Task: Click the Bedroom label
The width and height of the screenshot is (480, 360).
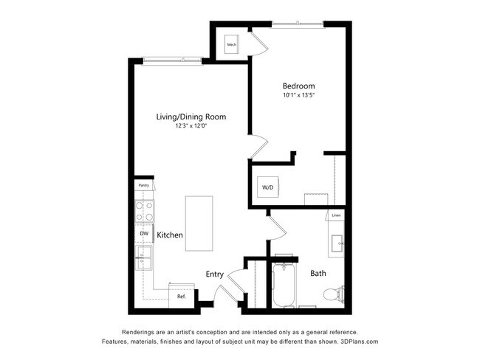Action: [298, 86]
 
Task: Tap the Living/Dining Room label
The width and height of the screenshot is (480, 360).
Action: [191, 117]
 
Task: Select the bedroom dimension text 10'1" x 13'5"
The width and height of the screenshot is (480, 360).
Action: [298, 95]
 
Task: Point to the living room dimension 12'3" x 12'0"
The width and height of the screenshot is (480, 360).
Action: [191, 126]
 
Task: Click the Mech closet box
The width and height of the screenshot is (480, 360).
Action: [231, 44]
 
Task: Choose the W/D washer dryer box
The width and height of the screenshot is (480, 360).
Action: [267, 187]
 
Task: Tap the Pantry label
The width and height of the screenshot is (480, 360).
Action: [143, 185]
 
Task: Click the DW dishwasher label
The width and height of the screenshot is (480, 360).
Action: [143, 234]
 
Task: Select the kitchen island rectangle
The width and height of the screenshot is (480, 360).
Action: [199, 223]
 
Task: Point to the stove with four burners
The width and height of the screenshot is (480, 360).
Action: [143, 212]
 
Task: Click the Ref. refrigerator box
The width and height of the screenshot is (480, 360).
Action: [181, 296]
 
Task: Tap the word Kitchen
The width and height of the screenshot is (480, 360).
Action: [170, 235]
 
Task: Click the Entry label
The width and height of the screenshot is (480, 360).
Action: [214, 274]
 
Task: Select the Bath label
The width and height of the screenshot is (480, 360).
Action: [318, 274]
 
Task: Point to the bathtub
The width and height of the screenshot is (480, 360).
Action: [284, 286]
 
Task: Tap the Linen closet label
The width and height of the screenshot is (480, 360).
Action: [336, 215]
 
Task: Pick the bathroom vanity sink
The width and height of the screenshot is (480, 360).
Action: [340, 242]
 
